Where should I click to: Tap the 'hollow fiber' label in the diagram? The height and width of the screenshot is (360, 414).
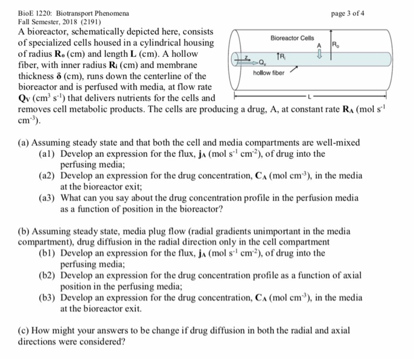point(269,72)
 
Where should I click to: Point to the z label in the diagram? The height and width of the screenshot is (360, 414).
point(245,57)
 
